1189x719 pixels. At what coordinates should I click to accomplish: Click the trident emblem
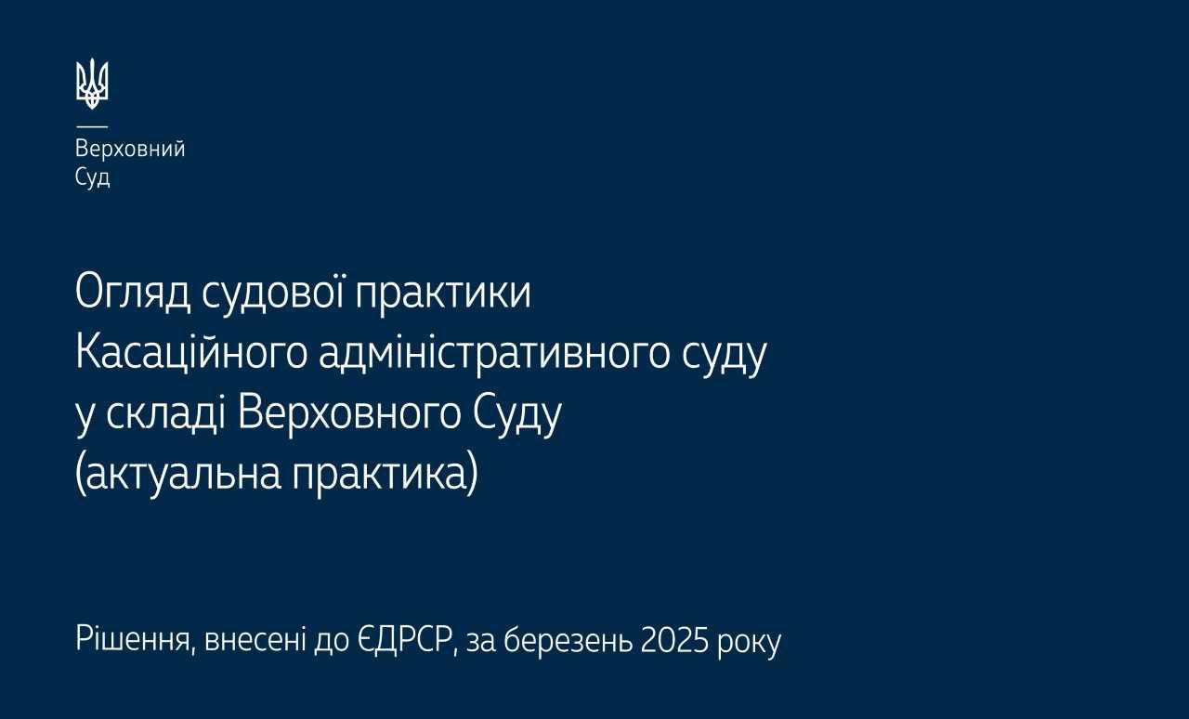click(x=92, y=84)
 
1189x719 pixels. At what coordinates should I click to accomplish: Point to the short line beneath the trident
click(x=92, y=127)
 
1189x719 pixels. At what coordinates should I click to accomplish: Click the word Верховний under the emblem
click(x=130, y=150)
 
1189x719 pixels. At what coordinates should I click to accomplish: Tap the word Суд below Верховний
click(x=92, y=177)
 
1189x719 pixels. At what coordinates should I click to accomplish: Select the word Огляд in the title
click(x=133, y=294)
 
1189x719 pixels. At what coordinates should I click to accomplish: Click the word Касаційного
click(x=191, y=354)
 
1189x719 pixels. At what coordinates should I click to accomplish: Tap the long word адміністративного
click(x=494, y=354)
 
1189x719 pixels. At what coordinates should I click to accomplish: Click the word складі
click(x=163, y=412)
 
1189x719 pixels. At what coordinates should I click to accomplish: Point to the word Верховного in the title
click(x=348, y=413)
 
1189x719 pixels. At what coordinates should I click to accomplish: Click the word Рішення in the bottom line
click(x=133, y=640)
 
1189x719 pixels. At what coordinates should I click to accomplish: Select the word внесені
click(x=255, y=640)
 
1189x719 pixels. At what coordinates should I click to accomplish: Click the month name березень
click(x=568, y=640)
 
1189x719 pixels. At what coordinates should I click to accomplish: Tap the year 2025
click(x=674, y=641)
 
